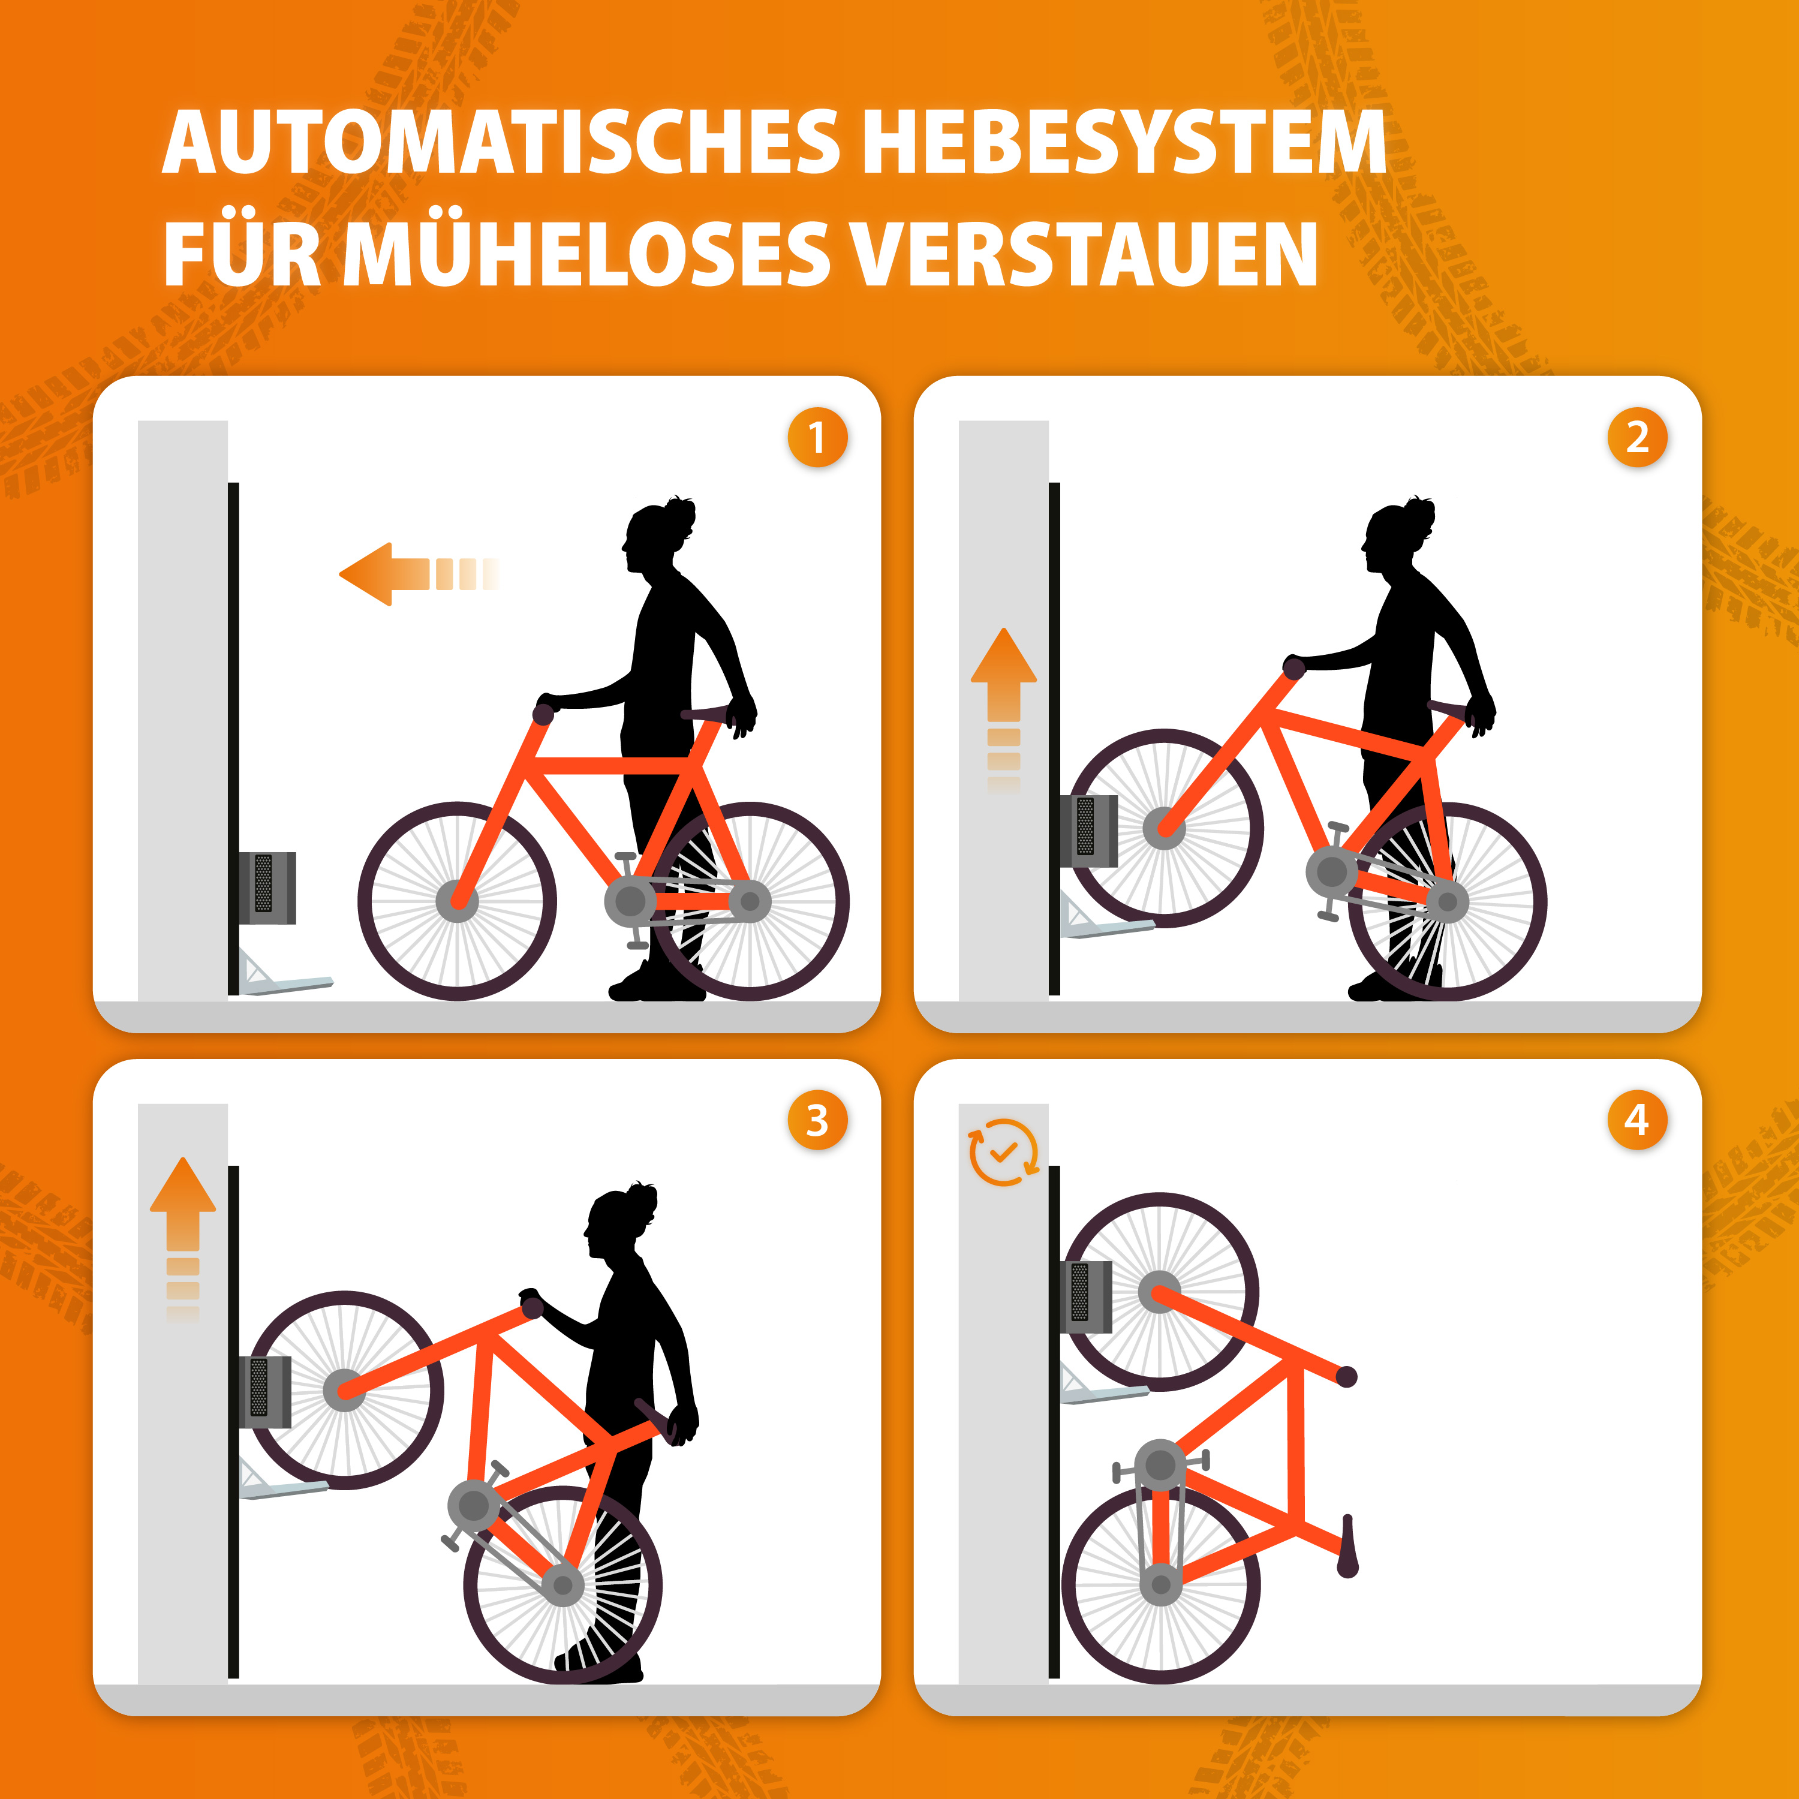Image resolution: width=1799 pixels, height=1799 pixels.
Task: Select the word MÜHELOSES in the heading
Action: click(586, 253)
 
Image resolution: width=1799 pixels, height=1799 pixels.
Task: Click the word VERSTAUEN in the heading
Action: click(1085, 253)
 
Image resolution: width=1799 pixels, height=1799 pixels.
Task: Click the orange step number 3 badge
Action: click(817, 1120)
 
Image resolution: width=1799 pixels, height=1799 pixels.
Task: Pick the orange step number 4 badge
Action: click(1637, 1120)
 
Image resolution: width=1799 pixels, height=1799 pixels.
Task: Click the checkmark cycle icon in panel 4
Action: click(1003, 1153)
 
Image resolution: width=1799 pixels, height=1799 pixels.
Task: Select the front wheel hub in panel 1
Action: click(457, 901)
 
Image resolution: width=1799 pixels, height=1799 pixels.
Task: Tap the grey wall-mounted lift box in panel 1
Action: click(267, 888)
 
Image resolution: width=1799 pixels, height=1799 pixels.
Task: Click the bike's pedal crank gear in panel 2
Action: click(1331, 871)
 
